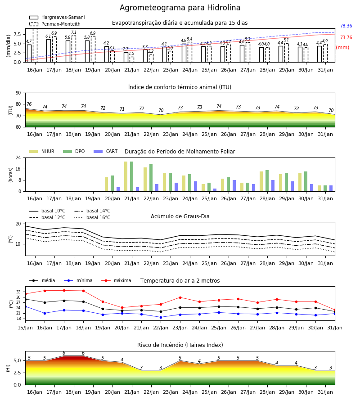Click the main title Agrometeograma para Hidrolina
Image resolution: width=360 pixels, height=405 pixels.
click(x=180, y=8)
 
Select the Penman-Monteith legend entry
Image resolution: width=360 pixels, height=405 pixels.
click(x=55, y=24)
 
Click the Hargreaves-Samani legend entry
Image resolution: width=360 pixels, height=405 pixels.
click(x=57, y=17)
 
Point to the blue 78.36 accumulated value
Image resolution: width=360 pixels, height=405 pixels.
click(x=346, y=26)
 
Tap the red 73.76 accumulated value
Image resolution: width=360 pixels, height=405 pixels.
click(x=346, y=37)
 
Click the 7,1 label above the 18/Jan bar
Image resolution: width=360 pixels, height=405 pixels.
click(x=74, y=32)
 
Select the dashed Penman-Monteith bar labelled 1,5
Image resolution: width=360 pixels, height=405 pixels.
click(x=132, y=60)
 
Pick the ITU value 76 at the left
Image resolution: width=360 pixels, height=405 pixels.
click(x=29, y=104)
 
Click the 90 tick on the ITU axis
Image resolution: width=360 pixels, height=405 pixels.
click(x=18, y=93)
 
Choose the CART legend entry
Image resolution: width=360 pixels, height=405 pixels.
click(x=106, y=151)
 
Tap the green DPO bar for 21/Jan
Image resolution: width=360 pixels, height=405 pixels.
click(x=132, y=176)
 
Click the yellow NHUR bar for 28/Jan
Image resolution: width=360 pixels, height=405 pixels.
click(x=261, y=182)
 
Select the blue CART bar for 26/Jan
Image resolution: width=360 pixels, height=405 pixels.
click(x=234, y=186)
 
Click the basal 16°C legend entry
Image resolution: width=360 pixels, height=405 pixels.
click(x=92, y=218)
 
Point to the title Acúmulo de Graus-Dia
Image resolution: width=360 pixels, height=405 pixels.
click(x=180, y=216)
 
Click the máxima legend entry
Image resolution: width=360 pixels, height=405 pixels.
click(x=116, y=280)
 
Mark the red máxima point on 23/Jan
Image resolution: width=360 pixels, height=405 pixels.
click(x=180, y=297)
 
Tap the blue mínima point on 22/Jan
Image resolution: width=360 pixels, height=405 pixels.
click(x=161, y=317)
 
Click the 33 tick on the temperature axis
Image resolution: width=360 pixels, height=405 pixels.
click(x=18, y=292)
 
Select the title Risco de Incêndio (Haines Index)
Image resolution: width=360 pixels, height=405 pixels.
click(x=180, y=345)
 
